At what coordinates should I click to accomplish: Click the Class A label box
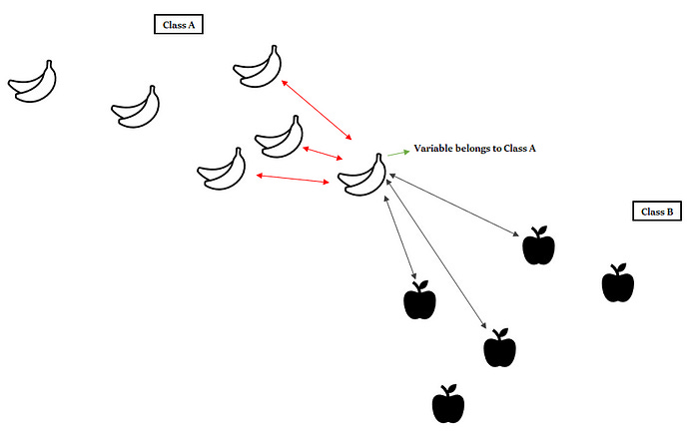(x=179, y=25)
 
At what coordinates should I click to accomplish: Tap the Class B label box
(x=656, y=212)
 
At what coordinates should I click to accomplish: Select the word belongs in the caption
(x=484, y=148)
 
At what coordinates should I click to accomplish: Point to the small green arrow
(x=398, y=152)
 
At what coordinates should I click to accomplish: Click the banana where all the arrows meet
(x=362, y=176)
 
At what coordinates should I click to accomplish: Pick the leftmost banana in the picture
(x=33, y=81)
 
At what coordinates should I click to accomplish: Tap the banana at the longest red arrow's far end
(x=258, y=65)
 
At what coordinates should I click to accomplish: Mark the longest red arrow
(x=318, y=110)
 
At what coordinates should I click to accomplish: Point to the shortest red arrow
(x=320, y=155)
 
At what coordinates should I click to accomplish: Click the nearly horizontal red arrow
(x=294, y=179)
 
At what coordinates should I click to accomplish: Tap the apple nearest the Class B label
(x=618, y=284)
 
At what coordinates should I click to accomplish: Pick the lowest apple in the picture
(x=448, y=404)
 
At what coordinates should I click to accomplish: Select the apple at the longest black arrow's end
(x=499, y=348)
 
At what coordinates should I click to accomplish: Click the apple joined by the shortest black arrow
(x=419, y=300)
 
